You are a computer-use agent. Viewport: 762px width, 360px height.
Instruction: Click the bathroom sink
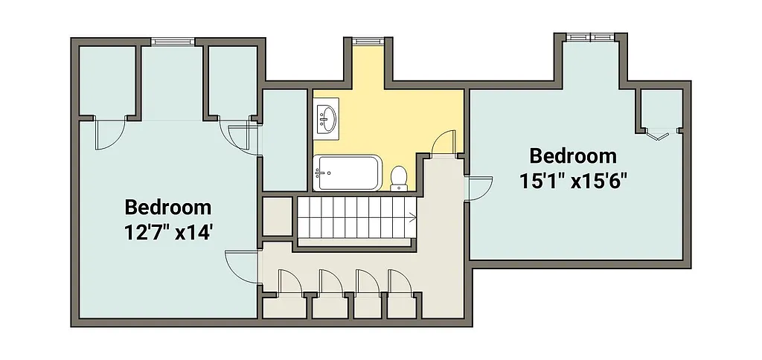click(326, 118)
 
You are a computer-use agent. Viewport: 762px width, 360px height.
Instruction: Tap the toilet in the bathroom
click(399, 177)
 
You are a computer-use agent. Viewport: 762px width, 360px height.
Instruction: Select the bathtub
click(348, 173)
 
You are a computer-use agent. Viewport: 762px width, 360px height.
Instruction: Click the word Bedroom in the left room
click(167, 207)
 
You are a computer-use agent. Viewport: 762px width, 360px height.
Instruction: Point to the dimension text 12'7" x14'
click(170, 233)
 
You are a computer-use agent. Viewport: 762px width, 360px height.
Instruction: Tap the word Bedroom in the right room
click(573, 156)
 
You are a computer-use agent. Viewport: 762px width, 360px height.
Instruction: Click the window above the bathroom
click(365, 40)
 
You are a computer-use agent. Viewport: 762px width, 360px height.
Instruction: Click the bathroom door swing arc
click(444, 141)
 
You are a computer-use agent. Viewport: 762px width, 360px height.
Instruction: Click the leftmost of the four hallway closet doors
click(289, 283)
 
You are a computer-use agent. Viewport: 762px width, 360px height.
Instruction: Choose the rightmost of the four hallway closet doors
click(400, 283)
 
